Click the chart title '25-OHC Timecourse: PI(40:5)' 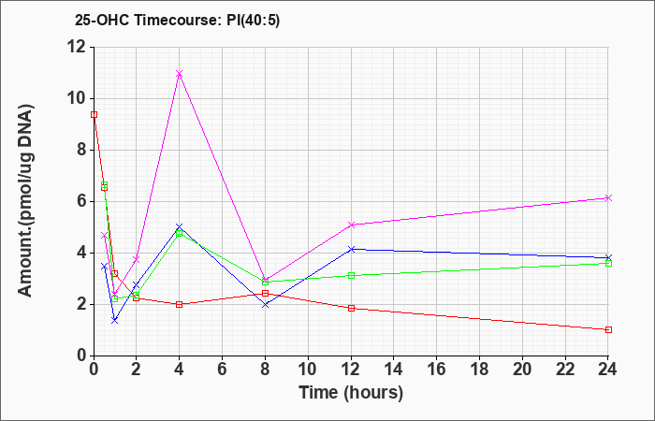coord(177,20)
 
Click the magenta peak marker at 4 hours coord(180,74)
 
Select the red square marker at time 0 coord(94,114)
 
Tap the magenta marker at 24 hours coord(608,198)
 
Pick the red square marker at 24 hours coord(608,330)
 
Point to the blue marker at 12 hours coord(351,250)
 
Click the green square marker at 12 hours coord(351,276)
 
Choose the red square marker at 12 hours coord(351,308)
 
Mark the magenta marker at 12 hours coord(351,225)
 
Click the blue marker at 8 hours coord(265,305)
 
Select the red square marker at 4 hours coord(180,304)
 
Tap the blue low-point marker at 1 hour coord(115,320)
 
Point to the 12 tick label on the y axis coord(77,47)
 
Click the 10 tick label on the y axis coord(77,99)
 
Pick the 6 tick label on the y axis coord(82,202)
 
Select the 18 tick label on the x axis coord(479,370)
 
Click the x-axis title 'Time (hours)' coord(351,393)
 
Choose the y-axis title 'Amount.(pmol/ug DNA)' coord(26,200)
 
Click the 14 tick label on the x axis coord(394,370)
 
